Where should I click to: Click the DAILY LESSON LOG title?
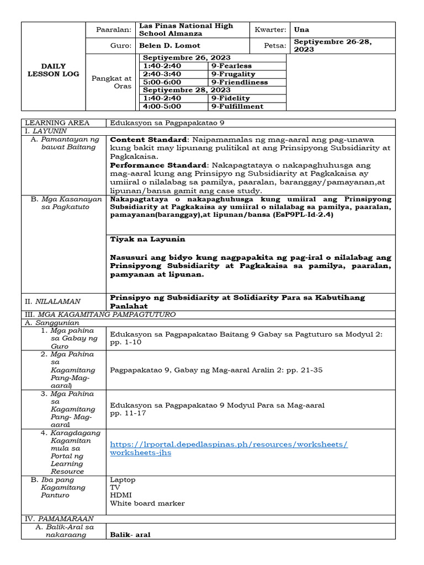53,70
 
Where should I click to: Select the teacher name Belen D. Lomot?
169,45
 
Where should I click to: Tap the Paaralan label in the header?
113,30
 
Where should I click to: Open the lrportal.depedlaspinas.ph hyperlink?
229,448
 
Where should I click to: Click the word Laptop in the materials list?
123,480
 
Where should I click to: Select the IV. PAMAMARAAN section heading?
58,519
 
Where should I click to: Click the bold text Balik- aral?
130,535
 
